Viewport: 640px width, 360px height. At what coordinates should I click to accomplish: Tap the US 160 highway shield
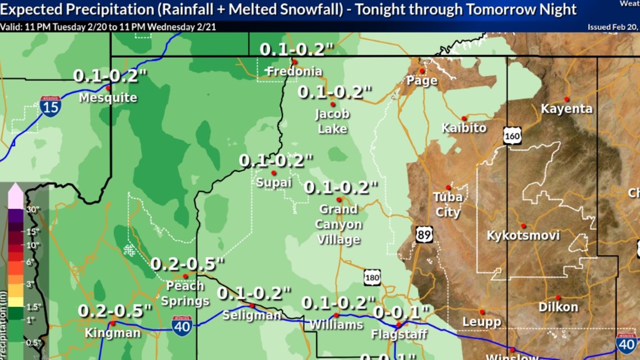coord(512,136)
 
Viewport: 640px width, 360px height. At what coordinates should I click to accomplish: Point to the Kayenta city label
coord(566,109)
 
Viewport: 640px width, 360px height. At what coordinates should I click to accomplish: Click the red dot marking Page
coord(422,71)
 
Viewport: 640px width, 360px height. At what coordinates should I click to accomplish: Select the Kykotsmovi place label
coord(523,235)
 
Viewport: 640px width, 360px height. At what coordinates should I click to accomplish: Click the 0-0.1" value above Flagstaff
coord(401,312)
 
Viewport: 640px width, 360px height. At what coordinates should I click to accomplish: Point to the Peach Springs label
coord(185,294)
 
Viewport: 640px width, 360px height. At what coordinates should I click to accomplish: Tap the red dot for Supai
coord(274,173)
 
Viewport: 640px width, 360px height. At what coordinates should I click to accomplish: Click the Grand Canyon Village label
coord(339,225)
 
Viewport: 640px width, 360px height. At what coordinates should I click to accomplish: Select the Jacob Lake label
coord(332,121)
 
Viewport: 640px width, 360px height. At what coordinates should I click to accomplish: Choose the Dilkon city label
coord(557,307)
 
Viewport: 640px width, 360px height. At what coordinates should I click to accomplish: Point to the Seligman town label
coord(251,316)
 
